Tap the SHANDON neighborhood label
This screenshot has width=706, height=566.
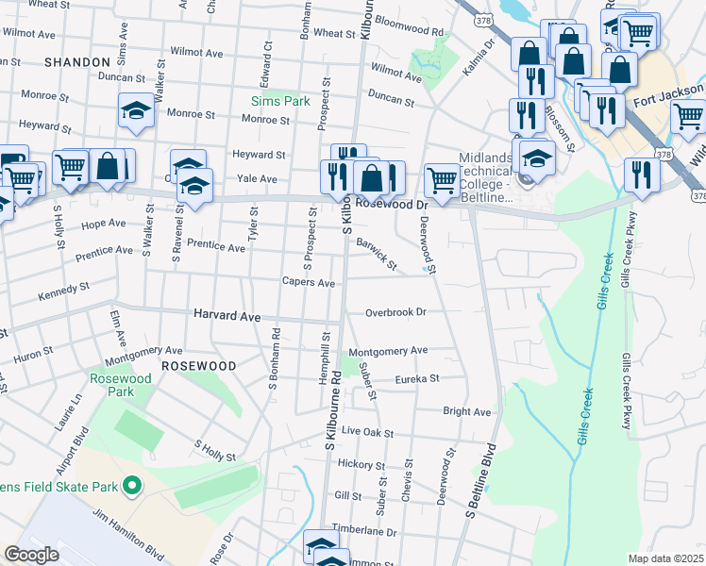click(77, 62)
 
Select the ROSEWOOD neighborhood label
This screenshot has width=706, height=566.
click(198, 365)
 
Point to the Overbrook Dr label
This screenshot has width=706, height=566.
click(396, 311)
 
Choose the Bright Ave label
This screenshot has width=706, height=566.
click(467, 411)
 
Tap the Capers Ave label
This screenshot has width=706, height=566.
click(309, 282)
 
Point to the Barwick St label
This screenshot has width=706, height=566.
click(377, 252)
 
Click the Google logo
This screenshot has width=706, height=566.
click(31, 555)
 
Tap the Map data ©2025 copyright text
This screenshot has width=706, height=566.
click(666, 558)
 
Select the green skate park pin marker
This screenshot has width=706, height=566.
click(132, 487)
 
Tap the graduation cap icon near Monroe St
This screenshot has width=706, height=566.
click(137, 111)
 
